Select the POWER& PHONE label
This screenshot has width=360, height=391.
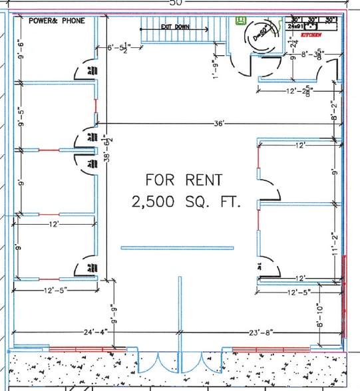tap(57, 21)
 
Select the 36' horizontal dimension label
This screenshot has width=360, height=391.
tap(220, 123)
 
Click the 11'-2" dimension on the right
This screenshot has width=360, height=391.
tap(335, 246)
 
